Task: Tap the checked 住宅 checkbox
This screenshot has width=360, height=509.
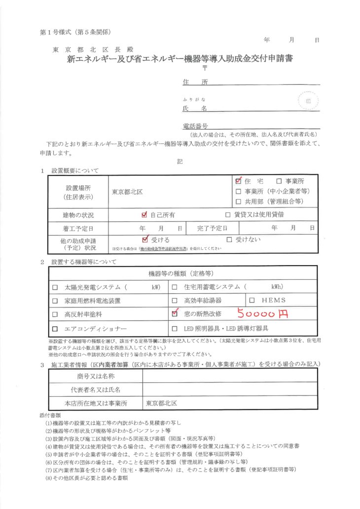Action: (239, 181)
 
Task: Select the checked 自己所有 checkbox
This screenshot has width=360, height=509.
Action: (144, 214)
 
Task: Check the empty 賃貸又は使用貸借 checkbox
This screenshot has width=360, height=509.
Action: (228, 215)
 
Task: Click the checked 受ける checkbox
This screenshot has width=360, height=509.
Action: (144, 239)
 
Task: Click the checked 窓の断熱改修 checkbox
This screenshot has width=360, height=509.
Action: (174, 313)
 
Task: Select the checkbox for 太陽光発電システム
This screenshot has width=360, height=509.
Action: (55, 287)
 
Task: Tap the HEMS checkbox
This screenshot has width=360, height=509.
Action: (252, 300)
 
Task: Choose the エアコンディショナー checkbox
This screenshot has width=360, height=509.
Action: (55, 328)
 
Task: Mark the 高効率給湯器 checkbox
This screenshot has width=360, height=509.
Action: (174, 300)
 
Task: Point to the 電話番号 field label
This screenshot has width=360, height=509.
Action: (195, 126)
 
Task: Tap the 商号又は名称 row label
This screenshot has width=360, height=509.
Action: (96, 376)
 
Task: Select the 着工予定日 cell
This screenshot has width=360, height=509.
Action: (78, 229)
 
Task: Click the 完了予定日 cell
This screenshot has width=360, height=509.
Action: (213, 229)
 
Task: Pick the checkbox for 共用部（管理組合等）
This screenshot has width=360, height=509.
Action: (239, 201)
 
